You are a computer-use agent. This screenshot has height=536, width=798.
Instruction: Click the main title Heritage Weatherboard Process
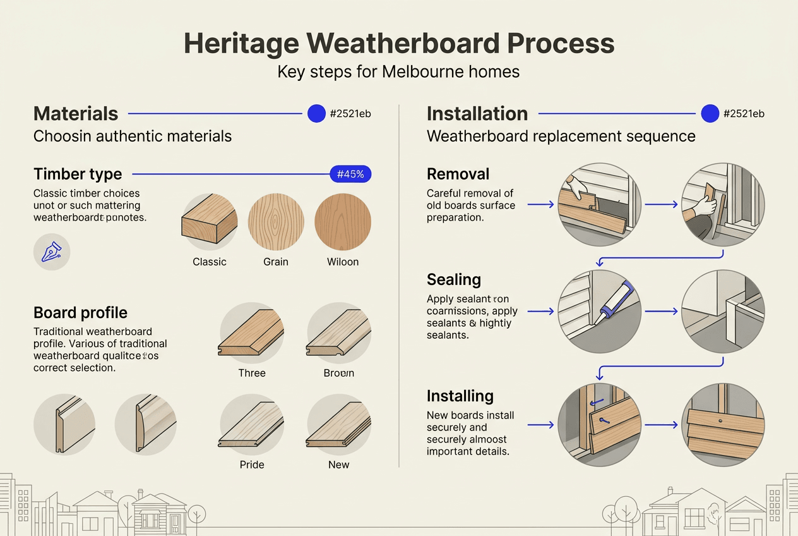tap(398, 44)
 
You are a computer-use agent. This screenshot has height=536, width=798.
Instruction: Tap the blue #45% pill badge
tap(350, 174)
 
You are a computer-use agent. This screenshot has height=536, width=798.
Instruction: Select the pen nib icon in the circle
tap(51, 252)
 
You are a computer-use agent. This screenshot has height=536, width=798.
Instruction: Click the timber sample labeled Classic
tap(210, 222)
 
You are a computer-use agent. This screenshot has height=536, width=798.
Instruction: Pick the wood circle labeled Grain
tap(276, 222)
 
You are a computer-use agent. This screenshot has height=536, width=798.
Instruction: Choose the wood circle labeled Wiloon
tap(343, 222)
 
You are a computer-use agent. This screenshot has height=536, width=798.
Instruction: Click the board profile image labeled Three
tap(251, 333)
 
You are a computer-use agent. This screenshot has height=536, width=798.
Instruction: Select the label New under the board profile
tap(338, 465)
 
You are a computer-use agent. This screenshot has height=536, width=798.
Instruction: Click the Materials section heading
tap(76, 114)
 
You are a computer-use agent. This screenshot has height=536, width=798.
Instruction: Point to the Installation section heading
tap(477, 114)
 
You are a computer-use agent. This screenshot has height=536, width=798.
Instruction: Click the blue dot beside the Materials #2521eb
tap(316, 114)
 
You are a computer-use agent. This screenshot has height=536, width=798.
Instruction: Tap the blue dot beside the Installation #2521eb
tap(710, 114)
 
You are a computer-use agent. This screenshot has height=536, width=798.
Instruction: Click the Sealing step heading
tap(454, 279)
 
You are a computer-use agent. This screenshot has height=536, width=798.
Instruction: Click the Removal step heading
tap(458, 174)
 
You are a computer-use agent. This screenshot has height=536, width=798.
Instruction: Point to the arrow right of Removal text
tap(540, 205)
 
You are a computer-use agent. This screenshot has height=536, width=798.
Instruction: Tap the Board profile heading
tap(80, 313)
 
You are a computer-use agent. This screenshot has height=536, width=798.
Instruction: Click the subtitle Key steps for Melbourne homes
tap(398, 71)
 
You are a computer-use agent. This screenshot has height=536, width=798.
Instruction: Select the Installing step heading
tap(460, 396)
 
